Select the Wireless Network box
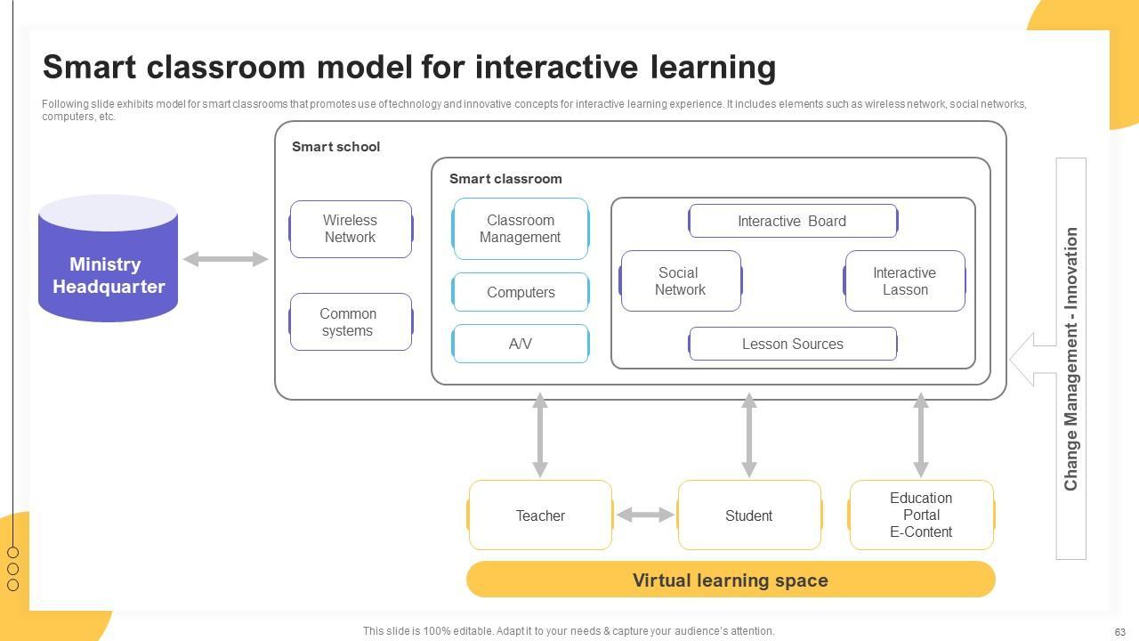point(351,229)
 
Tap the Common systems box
point(351,321)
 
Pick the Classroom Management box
point(521,229)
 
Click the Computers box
point(521,292)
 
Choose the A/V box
point(521,344)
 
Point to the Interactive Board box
point(792,221)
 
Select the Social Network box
point(681,281)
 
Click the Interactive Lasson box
point(905,281)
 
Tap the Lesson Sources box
point(792,344)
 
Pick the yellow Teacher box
point(540,515)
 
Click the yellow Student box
point(749,515)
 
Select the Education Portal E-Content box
point(921,515)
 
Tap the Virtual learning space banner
point(730,580)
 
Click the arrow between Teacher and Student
point(645,515)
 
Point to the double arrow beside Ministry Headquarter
point(225,259)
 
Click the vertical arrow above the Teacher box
point(540,435)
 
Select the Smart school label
point(335,147)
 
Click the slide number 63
point(1120,632)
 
